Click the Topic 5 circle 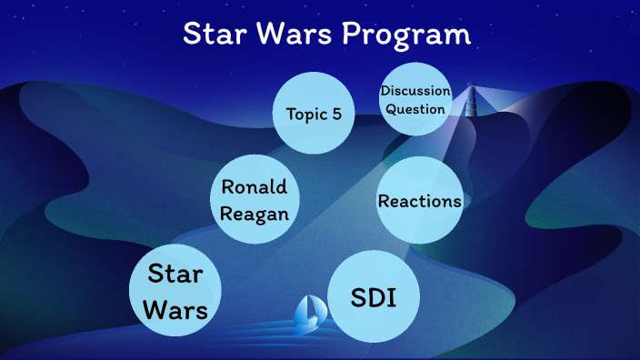314,114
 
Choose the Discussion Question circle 415,99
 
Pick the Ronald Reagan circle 255,200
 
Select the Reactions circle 419,201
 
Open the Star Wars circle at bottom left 177,291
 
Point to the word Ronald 255,187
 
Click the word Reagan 255,215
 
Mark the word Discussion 415,91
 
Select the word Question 415,109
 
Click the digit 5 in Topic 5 337,114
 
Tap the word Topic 305,114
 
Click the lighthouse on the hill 471,101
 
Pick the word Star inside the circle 175,274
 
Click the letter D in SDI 375,297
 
